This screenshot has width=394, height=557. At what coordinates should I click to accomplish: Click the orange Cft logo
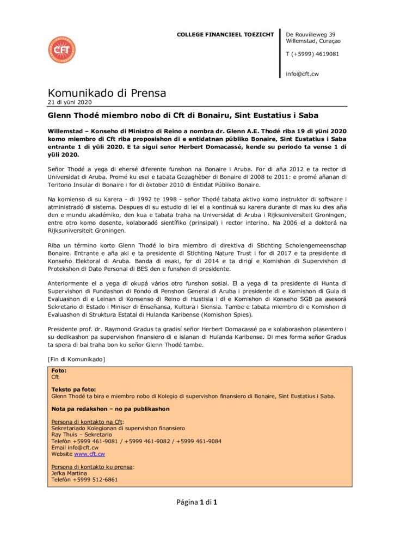[x=61, y=50]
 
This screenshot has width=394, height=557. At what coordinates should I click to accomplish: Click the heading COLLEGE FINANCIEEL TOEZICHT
[x=225, y=35]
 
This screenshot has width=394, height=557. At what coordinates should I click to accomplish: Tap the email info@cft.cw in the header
[x=302, y=74]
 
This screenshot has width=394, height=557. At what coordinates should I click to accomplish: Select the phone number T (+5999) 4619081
[x=312, y=54]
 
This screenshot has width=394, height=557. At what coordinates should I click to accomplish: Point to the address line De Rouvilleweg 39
[x=310, y=35]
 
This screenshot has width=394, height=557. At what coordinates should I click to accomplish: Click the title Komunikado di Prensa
[x=107, y=93]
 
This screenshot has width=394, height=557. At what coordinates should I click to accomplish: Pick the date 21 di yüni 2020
[x=70, y=102]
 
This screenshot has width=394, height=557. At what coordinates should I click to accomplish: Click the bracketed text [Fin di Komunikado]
[x=76, y=359]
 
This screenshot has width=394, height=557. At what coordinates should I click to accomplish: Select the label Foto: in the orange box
[x=59, y=370]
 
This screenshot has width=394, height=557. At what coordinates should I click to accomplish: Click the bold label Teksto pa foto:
[x=73, y=390]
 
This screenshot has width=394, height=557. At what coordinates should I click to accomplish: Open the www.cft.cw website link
[x=89, y=454]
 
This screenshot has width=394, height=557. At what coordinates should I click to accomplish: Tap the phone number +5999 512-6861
[x=96, y=480]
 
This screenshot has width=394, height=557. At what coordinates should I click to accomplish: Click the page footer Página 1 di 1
[x=197, y=502]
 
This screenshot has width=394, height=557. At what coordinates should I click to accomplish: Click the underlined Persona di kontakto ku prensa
[x=93, y=467]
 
